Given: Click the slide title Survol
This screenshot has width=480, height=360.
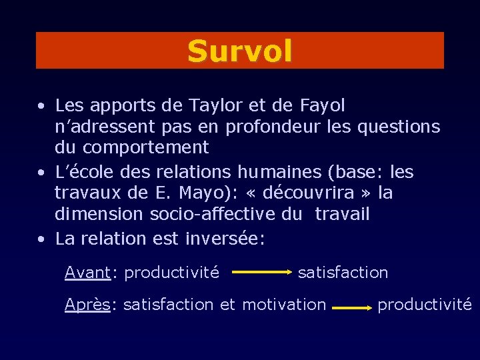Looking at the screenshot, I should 239,51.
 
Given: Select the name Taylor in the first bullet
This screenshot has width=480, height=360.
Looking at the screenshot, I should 209,105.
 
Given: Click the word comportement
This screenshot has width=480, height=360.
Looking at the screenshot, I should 145,147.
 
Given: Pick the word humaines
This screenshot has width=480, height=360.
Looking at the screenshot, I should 277,172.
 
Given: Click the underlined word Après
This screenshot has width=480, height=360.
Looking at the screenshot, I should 88,305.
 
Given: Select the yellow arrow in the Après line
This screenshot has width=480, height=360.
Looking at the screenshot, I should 352,309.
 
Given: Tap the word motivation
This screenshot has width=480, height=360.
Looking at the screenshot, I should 284,305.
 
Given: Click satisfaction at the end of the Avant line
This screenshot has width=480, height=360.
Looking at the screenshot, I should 343,272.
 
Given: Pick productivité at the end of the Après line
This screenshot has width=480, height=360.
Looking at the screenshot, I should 425,305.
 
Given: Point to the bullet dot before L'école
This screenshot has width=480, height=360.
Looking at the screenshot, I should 42,173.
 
